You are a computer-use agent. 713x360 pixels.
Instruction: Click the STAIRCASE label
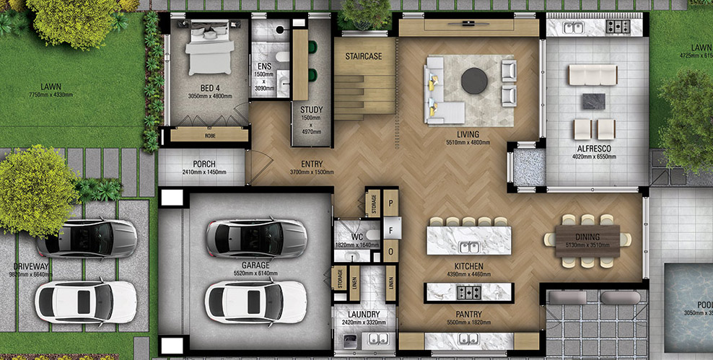click(363, 56)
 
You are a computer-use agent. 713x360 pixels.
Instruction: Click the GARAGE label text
click(256, 265)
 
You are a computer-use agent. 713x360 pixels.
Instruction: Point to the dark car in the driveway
click(87, 238)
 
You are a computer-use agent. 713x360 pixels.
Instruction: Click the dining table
click(587, 236)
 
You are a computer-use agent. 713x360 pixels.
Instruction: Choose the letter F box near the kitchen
click(390, 230)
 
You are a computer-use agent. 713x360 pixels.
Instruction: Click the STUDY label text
click(311, 110)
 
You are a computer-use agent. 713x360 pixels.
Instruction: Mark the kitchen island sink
click(469, 247)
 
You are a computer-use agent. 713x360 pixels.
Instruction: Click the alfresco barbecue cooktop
click(617, 27)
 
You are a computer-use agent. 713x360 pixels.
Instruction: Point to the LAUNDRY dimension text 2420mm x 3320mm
click(364, 322)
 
